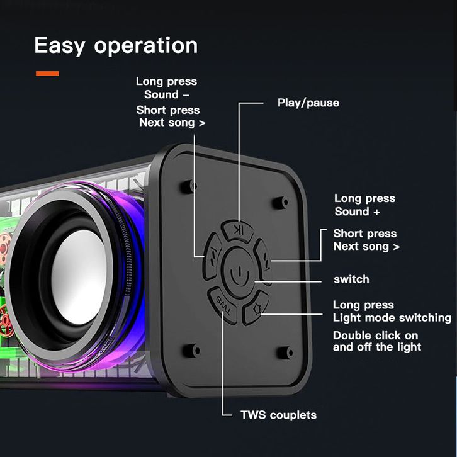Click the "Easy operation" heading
[116, 46]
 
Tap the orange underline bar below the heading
[47, 74]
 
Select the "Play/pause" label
[308, 103]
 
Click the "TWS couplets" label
[279, 415]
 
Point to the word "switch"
[351, 279]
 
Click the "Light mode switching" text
[392, 318]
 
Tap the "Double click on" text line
[375, 336]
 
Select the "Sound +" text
[357, 212]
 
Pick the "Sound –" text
[166, 94]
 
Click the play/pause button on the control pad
[238, 231]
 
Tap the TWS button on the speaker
[223, 305]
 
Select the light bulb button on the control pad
[256, 308]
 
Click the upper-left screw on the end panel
[188, 186]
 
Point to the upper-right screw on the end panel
[280, 202]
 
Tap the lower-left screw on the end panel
[191, 350]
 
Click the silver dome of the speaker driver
[79, 277]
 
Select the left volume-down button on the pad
[212, 256]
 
